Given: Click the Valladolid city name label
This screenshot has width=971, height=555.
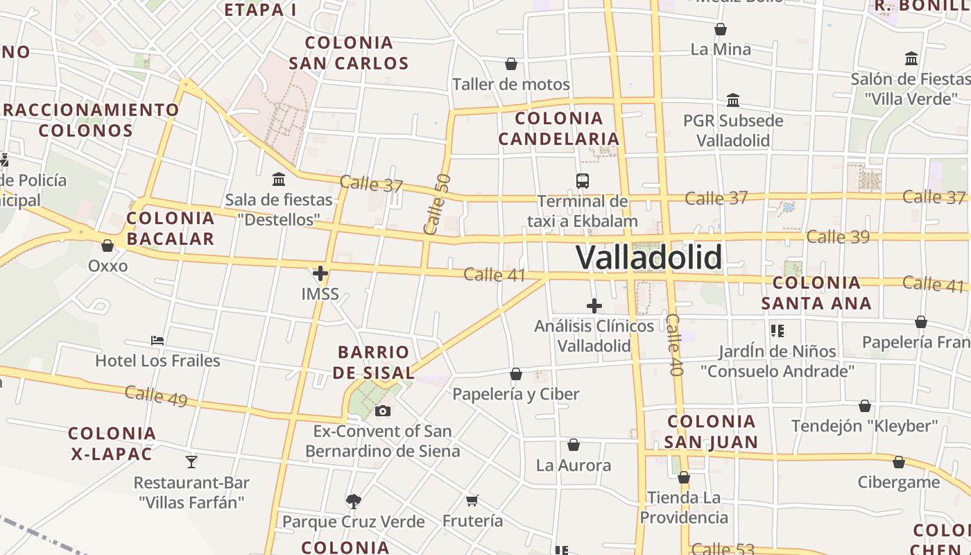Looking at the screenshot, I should click(648, 257).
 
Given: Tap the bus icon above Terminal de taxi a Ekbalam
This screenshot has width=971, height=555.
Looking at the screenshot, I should click(583, 181).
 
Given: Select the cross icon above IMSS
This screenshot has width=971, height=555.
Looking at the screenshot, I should click(320, 273).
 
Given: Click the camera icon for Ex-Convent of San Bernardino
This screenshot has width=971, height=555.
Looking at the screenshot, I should click(382, 411).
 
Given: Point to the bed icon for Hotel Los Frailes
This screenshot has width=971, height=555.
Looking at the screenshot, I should click(157, 341).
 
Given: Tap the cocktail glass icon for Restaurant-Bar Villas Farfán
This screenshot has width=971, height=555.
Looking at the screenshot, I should click(191, 461).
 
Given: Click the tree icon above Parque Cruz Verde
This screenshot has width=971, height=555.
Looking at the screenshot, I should click(354, 500).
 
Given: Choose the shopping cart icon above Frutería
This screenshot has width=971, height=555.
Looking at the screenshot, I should click(472, 500).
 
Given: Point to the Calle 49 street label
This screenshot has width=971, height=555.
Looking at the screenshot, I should click(156, 395).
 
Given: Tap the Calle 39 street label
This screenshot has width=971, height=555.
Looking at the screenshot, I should click(838, 237).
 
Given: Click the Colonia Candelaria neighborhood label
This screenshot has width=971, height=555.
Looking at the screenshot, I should click(559, 128).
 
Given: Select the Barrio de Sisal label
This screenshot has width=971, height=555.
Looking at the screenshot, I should click(373, 362).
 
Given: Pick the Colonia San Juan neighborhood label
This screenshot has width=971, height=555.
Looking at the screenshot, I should click(711, 432).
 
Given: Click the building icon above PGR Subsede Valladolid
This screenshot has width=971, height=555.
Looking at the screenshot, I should click(733, 100).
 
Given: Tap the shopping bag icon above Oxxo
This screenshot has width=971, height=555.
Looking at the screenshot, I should click(108, 246).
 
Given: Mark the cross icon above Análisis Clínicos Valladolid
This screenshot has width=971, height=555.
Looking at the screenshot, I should click(594, 306).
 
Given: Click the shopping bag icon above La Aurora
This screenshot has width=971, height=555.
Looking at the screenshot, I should click(574, 445).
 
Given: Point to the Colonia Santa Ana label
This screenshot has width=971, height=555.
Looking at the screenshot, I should click(816, 293).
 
